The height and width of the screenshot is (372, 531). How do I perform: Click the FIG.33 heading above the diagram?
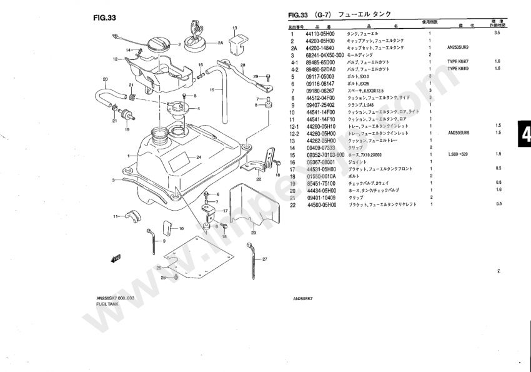[x=103, y=18]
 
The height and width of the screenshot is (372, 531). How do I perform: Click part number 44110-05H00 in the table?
[x=320, y=33]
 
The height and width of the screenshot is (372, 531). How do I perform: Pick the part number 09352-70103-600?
[x=325, y=154]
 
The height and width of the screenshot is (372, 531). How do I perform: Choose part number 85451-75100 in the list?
[x=320, y=183]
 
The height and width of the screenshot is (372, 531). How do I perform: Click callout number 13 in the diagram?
[x=235, y=29]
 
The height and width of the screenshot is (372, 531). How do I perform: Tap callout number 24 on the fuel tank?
[x=198, y=156]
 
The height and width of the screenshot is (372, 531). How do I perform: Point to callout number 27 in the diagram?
[x=264, y=259]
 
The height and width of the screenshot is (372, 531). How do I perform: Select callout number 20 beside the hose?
[x=105, y=79]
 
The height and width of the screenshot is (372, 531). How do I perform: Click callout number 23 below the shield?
[x=254, y=233]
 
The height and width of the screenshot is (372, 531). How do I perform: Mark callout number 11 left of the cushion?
[x=116, y=216]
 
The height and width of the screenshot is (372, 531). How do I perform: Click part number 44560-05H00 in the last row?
[x=320, y=204]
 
